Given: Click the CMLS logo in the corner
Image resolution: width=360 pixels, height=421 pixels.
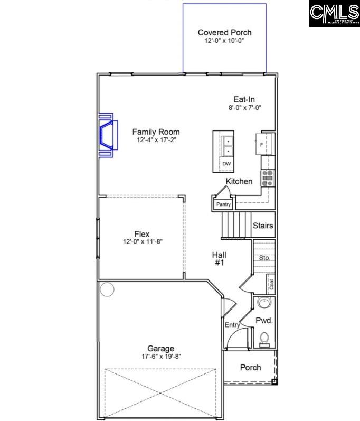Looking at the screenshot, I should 334,14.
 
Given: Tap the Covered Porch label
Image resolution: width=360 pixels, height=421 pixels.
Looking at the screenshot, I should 224,32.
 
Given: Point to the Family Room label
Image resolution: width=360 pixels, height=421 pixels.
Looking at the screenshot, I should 156,132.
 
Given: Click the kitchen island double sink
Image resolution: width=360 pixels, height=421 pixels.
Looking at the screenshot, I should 226,146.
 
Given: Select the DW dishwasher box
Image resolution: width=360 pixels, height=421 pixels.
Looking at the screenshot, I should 226,164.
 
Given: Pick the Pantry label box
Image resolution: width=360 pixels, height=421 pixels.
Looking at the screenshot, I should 223,204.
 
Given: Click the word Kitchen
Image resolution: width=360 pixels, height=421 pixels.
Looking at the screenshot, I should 239,181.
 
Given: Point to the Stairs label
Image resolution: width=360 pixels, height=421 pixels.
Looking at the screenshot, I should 263,226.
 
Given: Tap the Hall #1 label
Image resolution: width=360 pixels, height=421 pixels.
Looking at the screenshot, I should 220,258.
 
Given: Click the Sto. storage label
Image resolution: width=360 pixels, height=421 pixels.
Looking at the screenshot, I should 264,258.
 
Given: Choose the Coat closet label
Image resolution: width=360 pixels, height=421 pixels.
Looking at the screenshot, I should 271,284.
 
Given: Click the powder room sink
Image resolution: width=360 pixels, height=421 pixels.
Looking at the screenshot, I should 263,304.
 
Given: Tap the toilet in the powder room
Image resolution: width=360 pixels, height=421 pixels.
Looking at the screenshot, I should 263,336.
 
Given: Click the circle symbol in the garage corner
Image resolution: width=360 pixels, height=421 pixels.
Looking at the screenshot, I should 107,289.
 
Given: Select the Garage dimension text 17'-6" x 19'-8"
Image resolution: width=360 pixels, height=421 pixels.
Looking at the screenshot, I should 161,356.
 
